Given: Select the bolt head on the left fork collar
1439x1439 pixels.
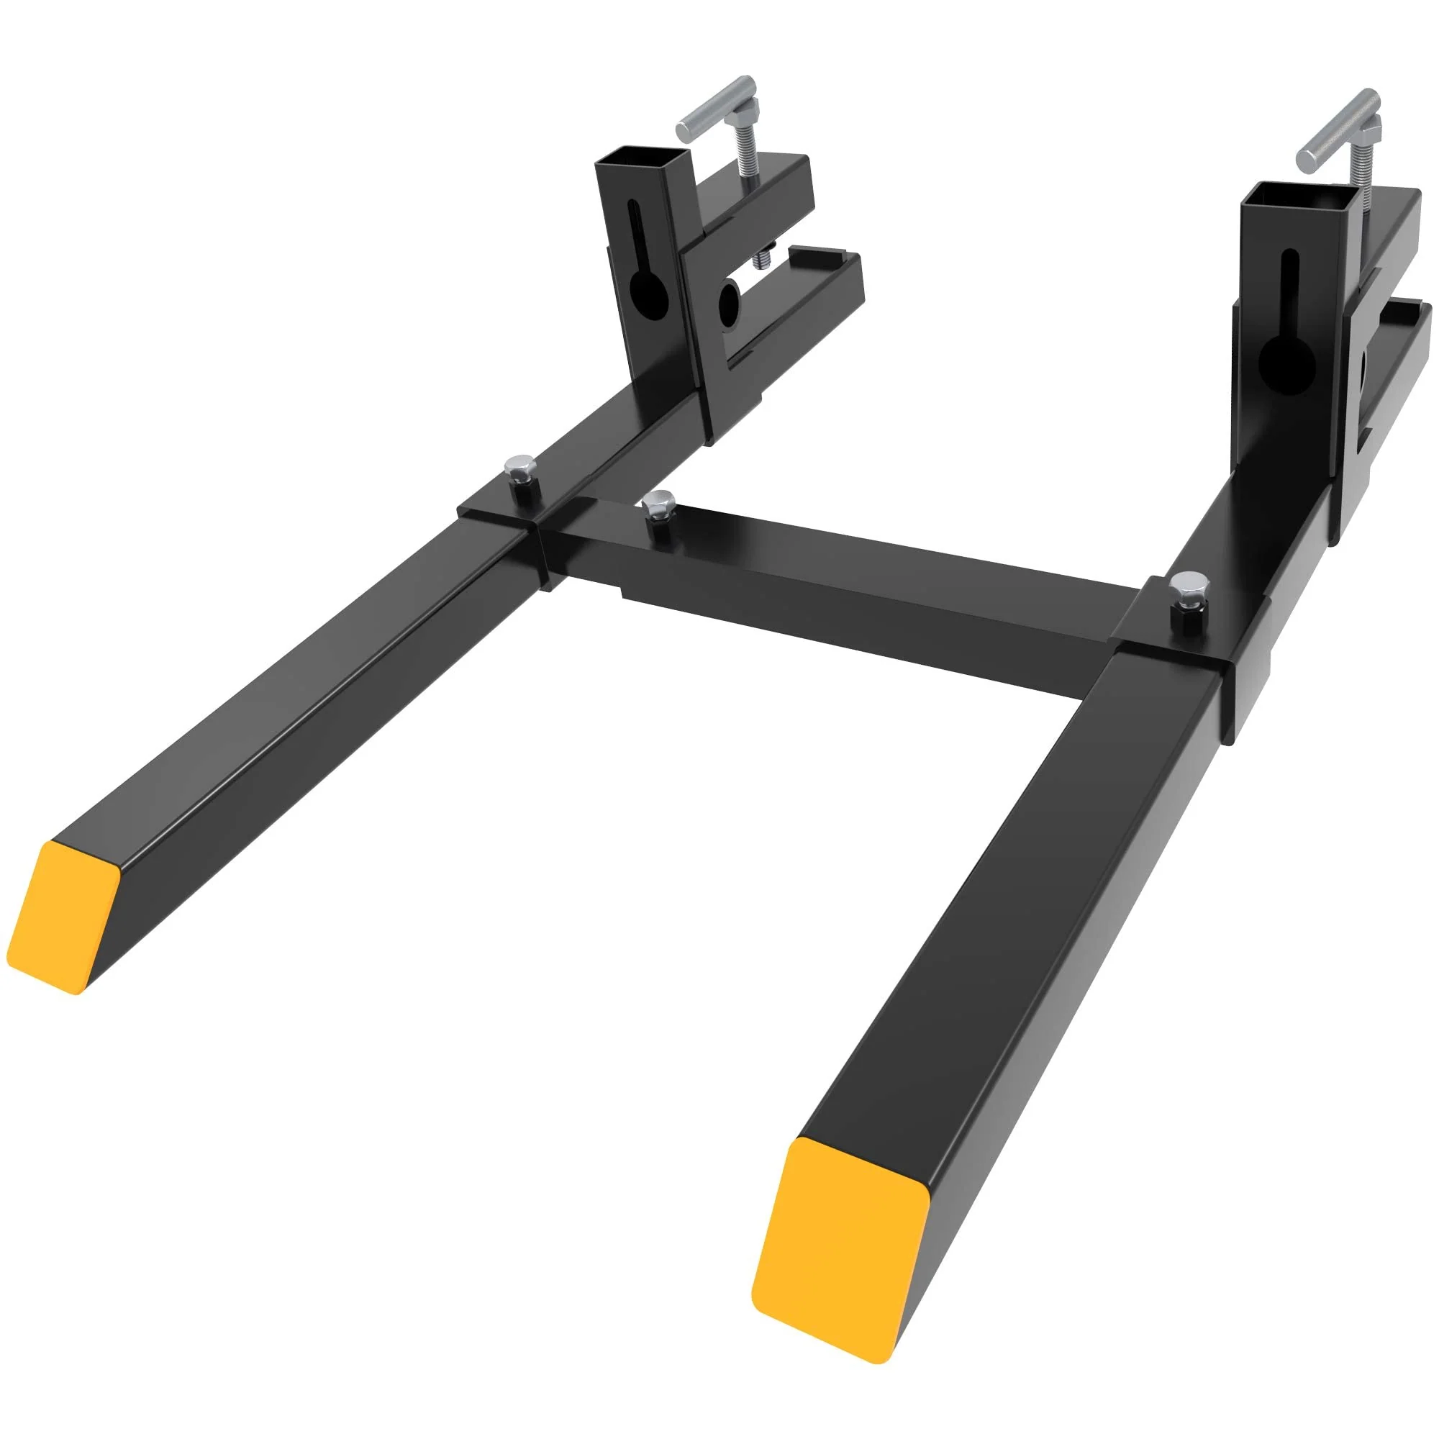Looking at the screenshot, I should coord(515,468).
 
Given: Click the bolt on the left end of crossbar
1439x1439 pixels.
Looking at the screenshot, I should coord(658,504).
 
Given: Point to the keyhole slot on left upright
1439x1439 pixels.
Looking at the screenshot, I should coord(642,287).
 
